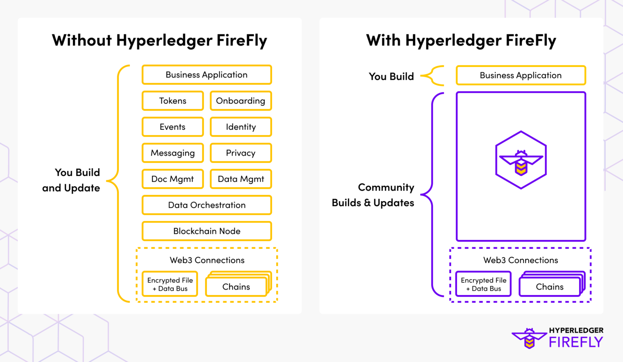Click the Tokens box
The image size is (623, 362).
(172, 101)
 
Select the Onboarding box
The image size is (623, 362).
(241, 101)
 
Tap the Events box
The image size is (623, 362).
(172, 127)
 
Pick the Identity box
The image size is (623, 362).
(241, 127)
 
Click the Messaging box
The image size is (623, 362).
(172, 153)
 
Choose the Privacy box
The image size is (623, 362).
(241, 153)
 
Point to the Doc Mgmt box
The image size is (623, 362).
(172, 179)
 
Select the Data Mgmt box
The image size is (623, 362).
(241, 179)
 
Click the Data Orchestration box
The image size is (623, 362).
(206, 205)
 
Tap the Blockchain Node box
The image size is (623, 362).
(206, 231)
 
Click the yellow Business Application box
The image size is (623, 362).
(206, 75)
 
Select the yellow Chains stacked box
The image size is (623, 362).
(236, 287)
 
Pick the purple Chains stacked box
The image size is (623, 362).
(550, 287)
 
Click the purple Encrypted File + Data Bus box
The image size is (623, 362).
(483, 284)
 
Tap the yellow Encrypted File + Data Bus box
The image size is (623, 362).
(170, 284)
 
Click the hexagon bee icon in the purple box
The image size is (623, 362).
(521, 160)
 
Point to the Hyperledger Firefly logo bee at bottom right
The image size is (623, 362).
(529, 338)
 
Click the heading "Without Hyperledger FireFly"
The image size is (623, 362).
(159, 41)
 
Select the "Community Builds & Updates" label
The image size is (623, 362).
(373, 195)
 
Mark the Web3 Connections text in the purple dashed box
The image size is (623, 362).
(520, 260)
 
